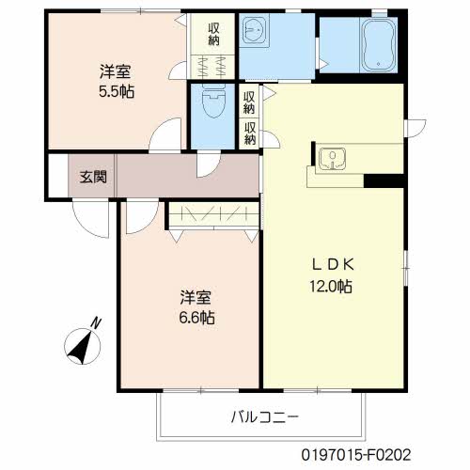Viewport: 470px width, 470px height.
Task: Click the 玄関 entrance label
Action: pyautogui.click(x=92, y=176)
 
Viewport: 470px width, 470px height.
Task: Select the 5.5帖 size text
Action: pyautogui.click(x=117, y=92)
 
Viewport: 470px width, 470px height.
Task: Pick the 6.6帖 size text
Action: pyautogui.click(x=197, y=318)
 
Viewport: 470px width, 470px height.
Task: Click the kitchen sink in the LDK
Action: pyautogui.click(x=331, y=155)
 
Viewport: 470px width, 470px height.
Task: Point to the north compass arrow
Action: pyautogui.click(x=79, y=345)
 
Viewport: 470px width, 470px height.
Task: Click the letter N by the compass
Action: pyautogui.click(x=96, y=323)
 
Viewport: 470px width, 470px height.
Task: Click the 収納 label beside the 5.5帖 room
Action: pyautogui.click(x=213, y=33)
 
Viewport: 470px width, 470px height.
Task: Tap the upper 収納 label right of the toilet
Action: pyautogui.click(x=249, y=100)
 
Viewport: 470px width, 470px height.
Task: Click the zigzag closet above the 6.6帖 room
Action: pyautogui.click(x=212, y=215)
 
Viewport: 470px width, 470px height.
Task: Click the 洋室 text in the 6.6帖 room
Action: pyautogui.click(x=196, y=297)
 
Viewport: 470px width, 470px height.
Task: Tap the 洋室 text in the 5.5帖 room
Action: pyautogui.click(x=116, y=70)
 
